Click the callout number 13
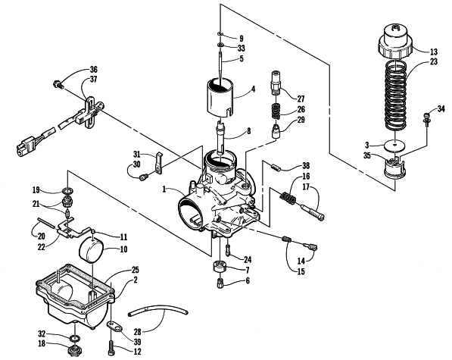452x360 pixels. pos(434,52)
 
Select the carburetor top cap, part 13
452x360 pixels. pos(395,41)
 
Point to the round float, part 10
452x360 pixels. pos(91,249)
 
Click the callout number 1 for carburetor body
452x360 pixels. pos(164,189)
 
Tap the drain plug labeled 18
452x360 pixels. pos(74,350)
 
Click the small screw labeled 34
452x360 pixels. pos(426,119)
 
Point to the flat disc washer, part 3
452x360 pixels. pos(395,146)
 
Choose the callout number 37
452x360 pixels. pos(93,79)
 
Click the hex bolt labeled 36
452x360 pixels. pos(58,85)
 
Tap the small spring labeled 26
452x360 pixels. pos(276,111)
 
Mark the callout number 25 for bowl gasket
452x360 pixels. pos(135,270)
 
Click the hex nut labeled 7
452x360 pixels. pos(220,267)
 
